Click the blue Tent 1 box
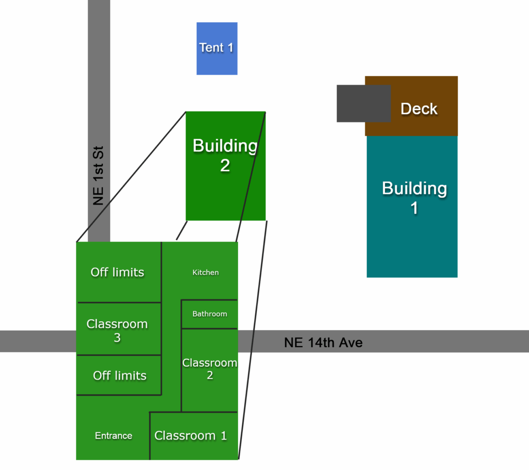coord(216,49)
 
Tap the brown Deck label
coord(419,109)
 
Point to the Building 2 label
coord(225,155)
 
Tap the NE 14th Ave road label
coord(323,342)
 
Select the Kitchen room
coord(206,272)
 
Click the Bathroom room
coord(209,314)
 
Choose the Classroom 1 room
coord(191,435)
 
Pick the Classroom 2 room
coord(209,369)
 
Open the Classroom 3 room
coord(117,331)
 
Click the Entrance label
coord(114,436)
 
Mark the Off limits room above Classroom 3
coord(117,272)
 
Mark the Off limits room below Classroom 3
coord(119,375)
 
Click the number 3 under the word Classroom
coord(117,338)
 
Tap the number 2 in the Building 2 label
coord(225,166)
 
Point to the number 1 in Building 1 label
coord(414,208)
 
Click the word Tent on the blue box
coord(211,48)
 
